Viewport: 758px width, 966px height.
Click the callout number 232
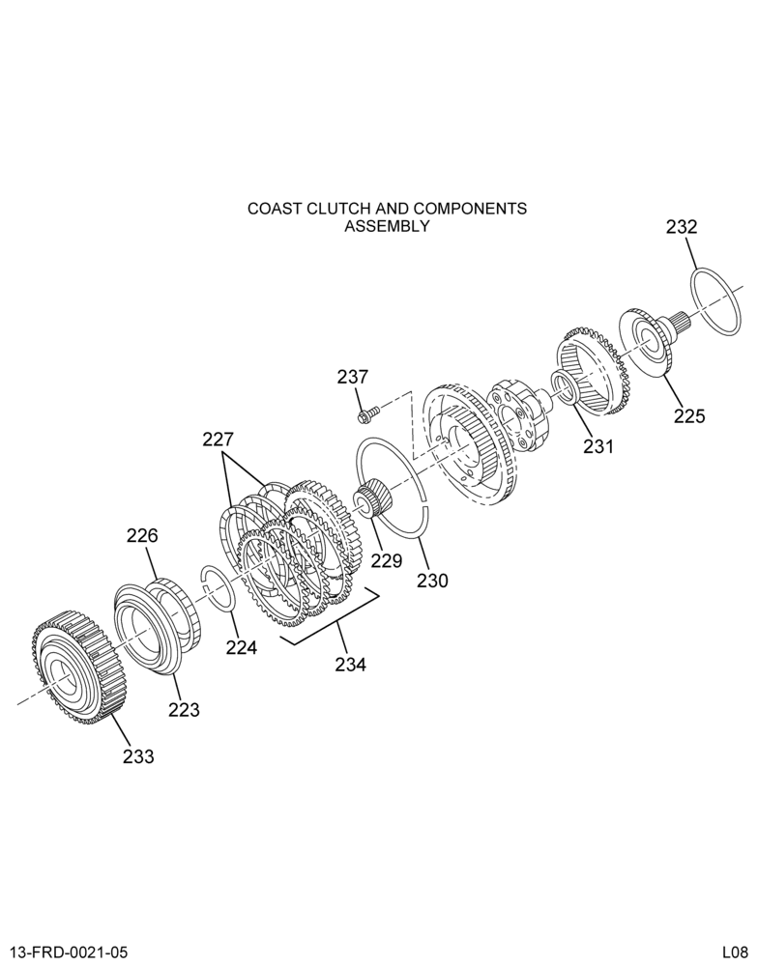682,227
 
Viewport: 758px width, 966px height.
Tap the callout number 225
689,416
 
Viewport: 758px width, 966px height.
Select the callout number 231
598,445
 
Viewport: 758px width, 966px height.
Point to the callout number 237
352,377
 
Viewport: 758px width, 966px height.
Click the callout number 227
219,440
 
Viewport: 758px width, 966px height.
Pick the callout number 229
386,560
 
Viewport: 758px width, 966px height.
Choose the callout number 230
432,581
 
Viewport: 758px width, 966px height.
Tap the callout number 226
142,535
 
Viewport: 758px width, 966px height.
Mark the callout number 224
241,647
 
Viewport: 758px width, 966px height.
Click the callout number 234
350,665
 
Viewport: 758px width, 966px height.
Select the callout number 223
185,710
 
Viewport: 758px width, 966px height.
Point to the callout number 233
138,756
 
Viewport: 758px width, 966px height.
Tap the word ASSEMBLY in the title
387,226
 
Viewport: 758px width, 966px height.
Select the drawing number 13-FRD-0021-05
69,952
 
